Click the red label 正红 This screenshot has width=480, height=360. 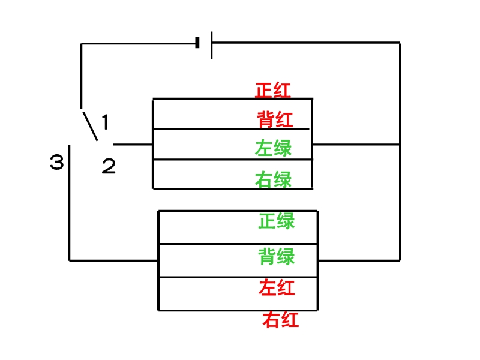[x=273, y=91]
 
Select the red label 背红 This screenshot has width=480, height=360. [x=275, y=119]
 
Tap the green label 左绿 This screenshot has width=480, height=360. [x=274, y=148]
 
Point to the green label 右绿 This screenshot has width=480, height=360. [x=274, y=179]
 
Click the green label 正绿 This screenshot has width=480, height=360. [x=277, y=221]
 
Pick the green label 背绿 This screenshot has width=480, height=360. [x=277, y=257]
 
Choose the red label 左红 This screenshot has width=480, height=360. [x=277, y=287]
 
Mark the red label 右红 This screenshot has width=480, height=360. [x=280, y=320]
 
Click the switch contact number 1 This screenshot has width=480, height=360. [x=105, y=122]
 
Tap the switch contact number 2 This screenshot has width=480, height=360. [x=109, y=166]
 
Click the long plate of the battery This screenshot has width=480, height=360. [x=212, y=44]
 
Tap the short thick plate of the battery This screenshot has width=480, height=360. [x=197, y=43]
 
